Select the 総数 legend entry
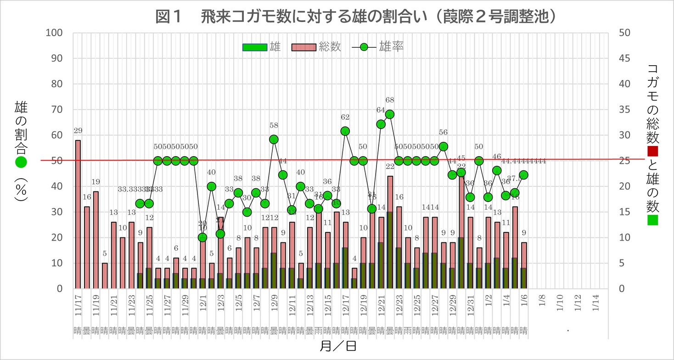pyautogui.click(x=316, y=47)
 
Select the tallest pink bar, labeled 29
pyautogui.click(x=78, y=214)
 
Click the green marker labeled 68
pyautogui.click(x=390, y=114)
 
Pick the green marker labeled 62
pyautogui.click(x=345, y=131)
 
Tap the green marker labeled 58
pyautogui.click(x=274, y=139)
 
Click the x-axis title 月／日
pyautogui.click(x=338, y=346)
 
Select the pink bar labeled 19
pyautogui.click(x=95, y=240)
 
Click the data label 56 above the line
pyautogui.click(x=443, y=132)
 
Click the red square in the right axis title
pyautogui.click(x=652, y=151)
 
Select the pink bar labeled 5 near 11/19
pyautogui.click(x=105, y=276)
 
